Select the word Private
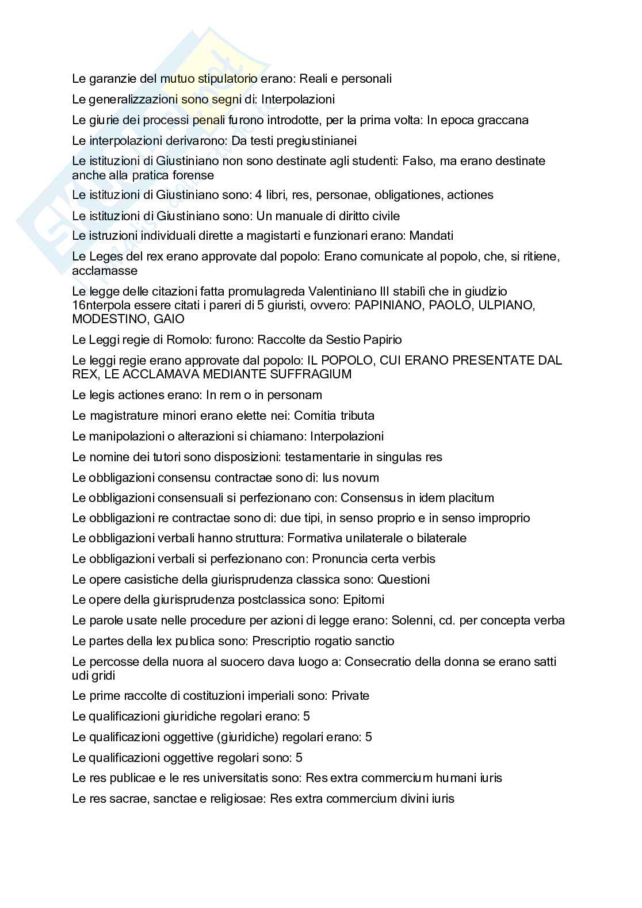tap(350, 696)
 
